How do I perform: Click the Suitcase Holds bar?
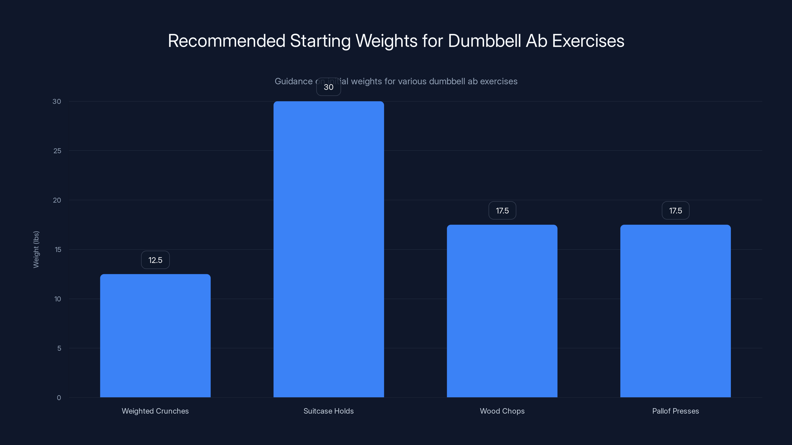click(x=328, y=249)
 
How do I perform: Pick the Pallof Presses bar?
click(x=675, y=311)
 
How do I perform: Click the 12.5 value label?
click(x=155, y=260)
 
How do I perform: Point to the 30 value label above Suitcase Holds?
click(x=328, y=87)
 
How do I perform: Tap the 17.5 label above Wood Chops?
click(x=502, y=211)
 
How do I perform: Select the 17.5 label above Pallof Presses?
click(x=675, y=211)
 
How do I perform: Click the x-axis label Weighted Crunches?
click(x=155, y=411)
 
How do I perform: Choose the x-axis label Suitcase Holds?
click(x=328, y=411)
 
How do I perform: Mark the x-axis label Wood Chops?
click(x=502, y=411)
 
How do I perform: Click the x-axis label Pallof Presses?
click(x=675, y=411)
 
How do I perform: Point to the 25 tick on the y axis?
click(x=57, y=151)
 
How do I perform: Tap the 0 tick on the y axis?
click(x=59, y=398)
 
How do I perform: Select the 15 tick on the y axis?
click(x=58, y=250)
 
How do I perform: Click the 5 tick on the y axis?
click(x=59, y=348)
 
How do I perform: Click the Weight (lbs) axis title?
click(x=36, y=249)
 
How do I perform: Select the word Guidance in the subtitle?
click(x=293, y=81)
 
